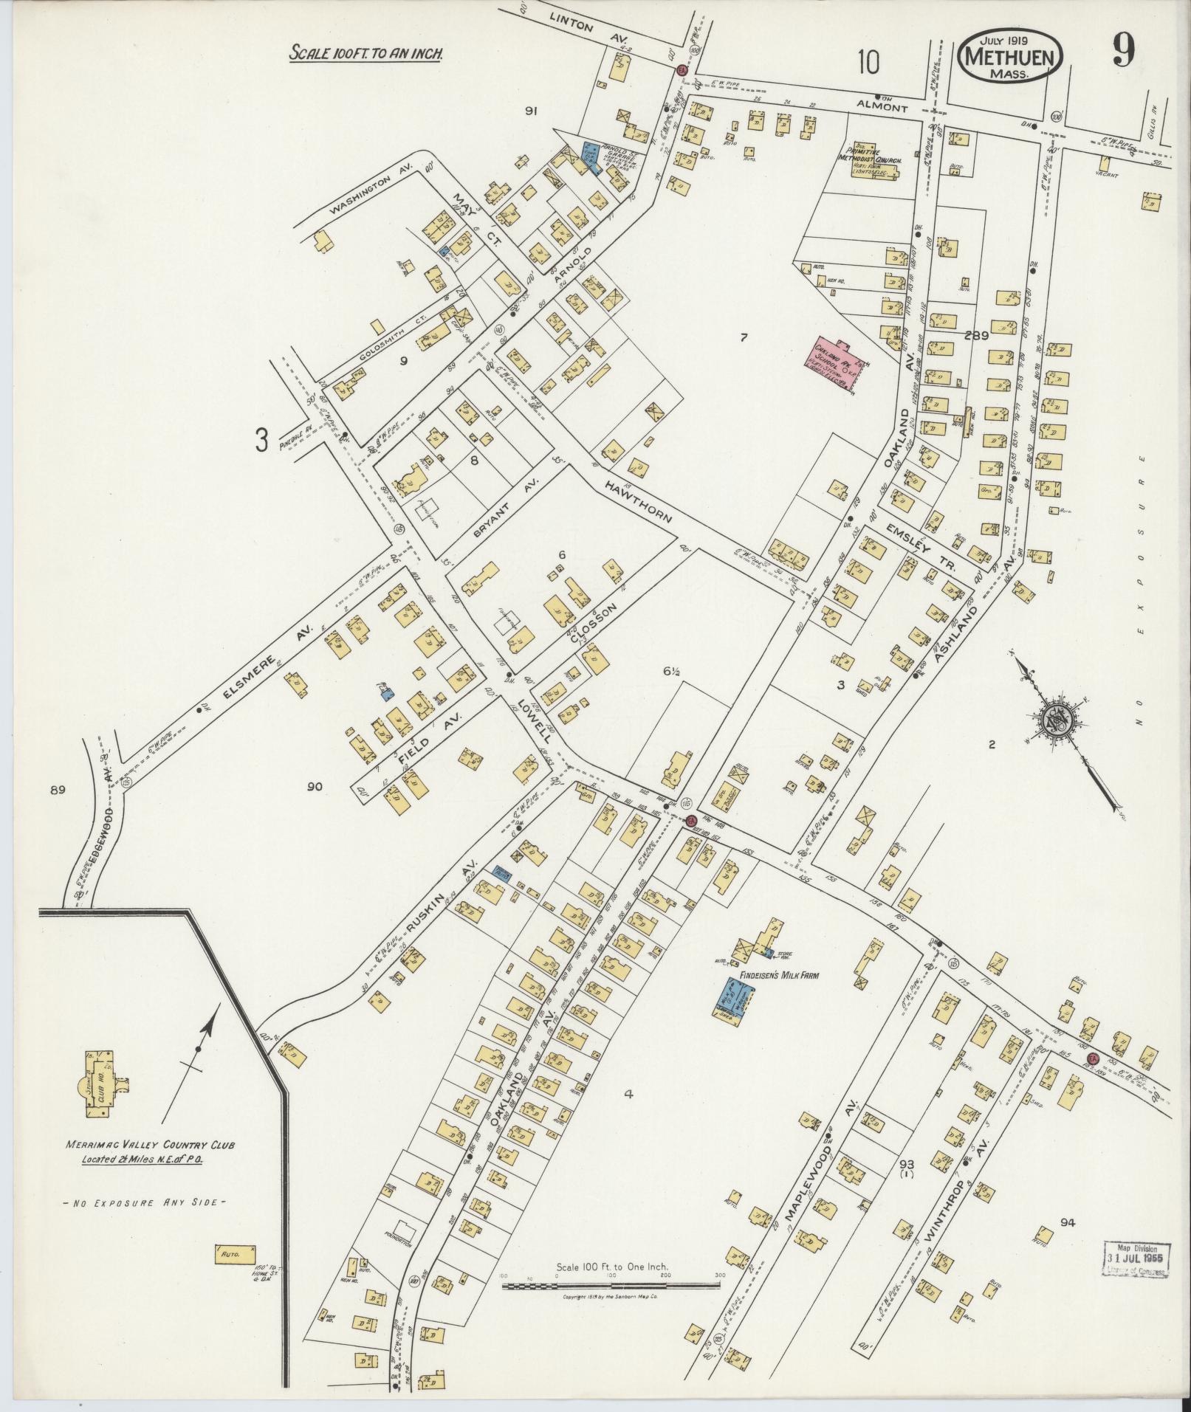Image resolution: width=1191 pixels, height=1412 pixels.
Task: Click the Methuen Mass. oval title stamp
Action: coord(1012,55)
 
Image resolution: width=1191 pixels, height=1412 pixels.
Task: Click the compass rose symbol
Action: coord(1054,720)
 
